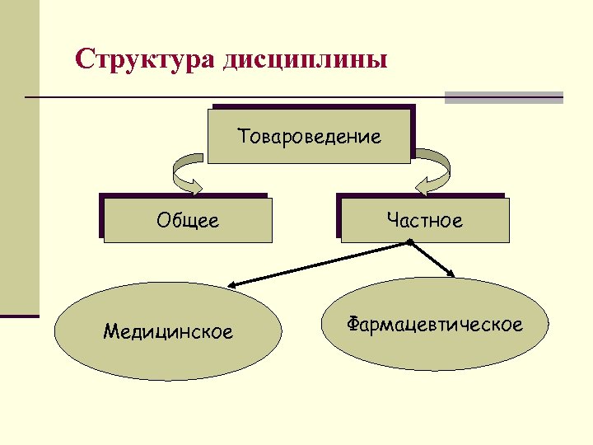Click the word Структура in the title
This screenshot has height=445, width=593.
pyautogui.click(x=145, y=60)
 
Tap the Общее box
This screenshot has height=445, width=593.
pyautogui.click(x=187, y=219)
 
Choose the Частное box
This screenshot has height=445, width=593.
pyautogui.click(x=423, y=219)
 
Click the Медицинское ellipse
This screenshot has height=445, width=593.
pyautogui.click(x=167, y=332)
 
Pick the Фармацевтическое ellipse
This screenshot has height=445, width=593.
pyautogui.click(x=434, y=324)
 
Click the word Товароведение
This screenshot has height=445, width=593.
pyautogui.click(x=310, y=136)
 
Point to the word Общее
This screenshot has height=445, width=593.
pyautogui.click(x=188, y=220)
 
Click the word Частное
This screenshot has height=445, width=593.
pyautogui.click(x=424, y=220)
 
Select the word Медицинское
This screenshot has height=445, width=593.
pyautogui.click(x=168, y=332)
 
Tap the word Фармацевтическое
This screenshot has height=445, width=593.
pyautogui.click(x=434, y=324)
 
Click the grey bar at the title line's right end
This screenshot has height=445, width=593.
pyautogui.click(x=503, y=97)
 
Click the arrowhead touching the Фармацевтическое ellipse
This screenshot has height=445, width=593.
pyautogui.click(x=451, y=273)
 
